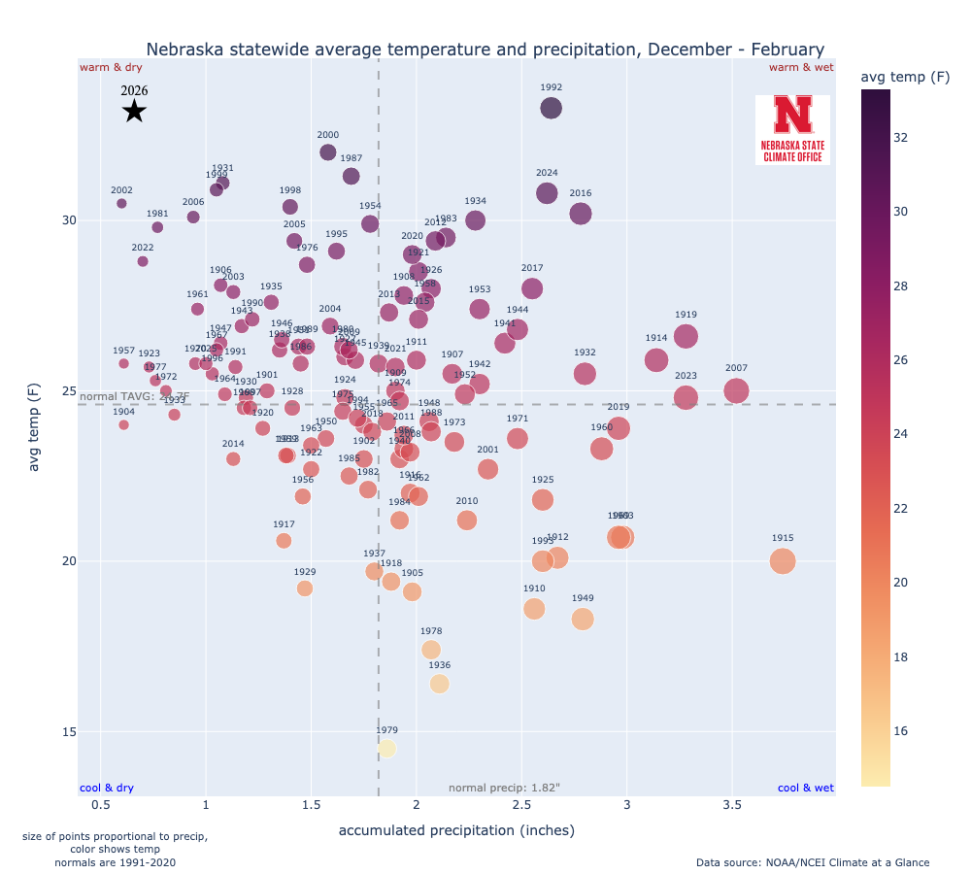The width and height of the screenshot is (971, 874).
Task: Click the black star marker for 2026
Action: coord(134,112)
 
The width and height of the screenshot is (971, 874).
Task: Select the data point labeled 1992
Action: coord(551,109)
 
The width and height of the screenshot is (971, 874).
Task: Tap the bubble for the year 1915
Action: coord(783,560)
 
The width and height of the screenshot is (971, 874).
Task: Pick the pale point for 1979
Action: coord(386,748)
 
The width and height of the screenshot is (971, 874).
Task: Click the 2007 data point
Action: coord(736,391)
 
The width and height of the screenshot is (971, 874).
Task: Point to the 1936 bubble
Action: coord(439,684)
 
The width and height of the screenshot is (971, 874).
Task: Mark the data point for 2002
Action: coord(121,203)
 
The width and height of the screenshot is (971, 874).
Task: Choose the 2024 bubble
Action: coord(547,193)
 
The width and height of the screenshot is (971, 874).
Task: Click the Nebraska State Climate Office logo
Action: coord(792,129)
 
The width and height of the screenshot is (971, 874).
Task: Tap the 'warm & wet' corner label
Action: coord(801,67)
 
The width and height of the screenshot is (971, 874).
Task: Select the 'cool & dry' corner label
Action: coord(107,788)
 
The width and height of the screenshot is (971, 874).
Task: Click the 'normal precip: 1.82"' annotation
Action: coord(504,788)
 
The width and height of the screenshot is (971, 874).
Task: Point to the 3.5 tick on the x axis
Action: coord(732,806)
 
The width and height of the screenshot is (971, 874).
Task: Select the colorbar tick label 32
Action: coord(900,137)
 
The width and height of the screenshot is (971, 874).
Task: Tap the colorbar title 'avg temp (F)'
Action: coord(905,77)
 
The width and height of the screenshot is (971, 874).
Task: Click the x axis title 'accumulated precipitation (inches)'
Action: coord(456,831)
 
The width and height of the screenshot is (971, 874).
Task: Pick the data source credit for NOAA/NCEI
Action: coord(812,862)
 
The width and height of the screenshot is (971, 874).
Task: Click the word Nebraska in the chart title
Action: coord(184,49)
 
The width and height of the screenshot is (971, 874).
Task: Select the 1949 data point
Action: coord(583,619)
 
